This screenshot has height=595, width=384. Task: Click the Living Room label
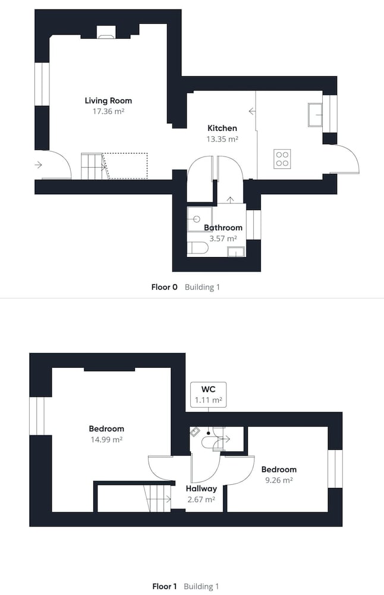coord(108,101)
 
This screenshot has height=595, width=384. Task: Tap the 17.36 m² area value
coord(108,112)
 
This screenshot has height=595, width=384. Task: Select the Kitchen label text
coord(222,129)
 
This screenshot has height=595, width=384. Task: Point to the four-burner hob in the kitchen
coord(282,159)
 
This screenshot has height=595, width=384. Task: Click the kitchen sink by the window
coord(315,115)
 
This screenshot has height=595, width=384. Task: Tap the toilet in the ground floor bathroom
coord(197,248)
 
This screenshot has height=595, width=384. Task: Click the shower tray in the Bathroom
coord(199,219)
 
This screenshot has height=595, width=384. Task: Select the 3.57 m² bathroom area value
coord(224,239)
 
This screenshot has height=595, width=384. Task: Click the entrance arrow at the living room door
coord(38,165)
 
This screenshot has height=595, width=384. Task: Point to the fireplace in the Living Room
coord(106,32)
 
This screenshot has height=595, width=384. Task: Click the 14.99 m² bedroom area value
coord(106,440)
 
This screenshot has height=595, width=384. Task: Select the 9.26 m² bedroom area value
coord(279,480)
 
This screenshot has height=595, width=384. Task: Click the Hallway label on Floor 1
coord(202,488)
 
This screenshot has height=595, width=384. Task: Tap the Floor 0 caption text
coord(164,287)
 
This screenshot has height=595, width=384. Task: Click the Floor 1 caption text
coord(164,587)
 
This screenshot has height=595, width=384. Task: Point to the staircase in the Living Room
coord(95,166)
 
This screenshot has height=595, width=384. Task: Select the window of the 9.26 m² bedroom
coord(335,469)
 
